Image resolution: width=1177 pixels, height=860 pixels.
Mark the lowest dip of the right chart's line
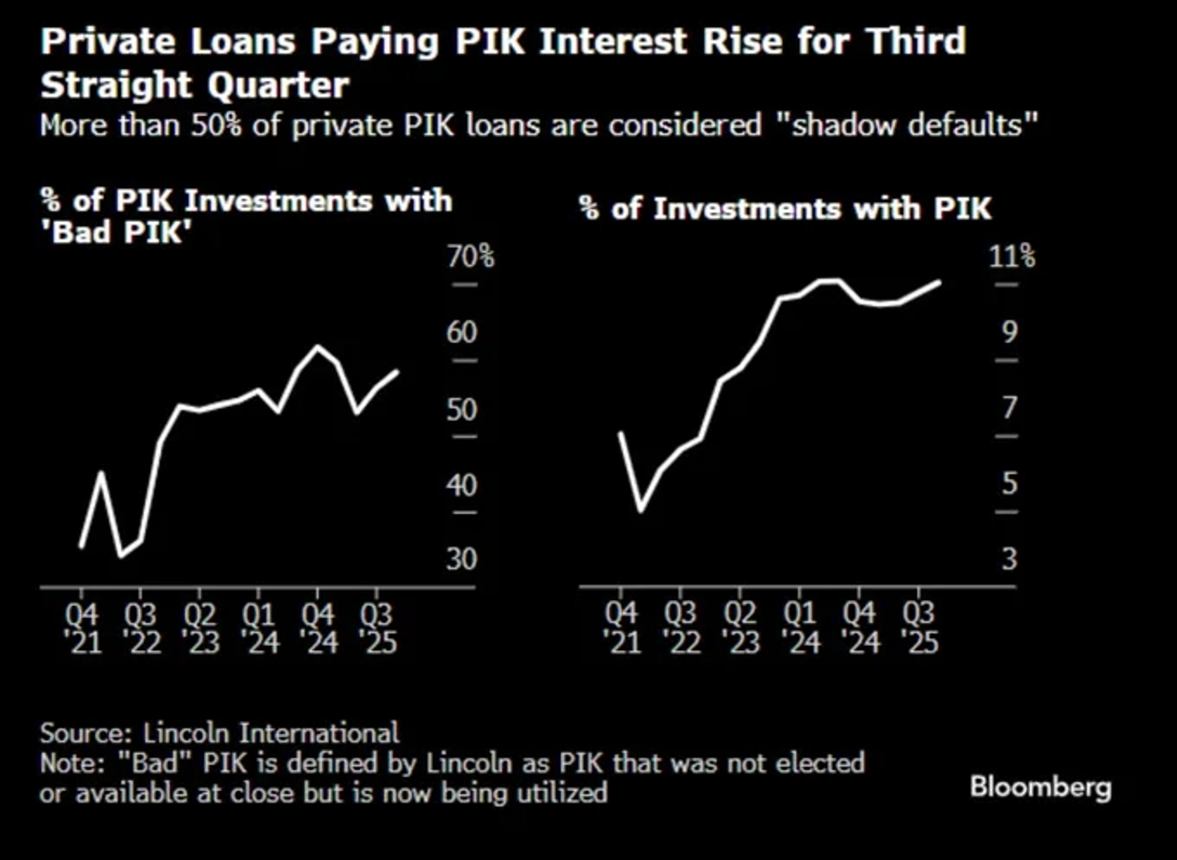pos(641,510)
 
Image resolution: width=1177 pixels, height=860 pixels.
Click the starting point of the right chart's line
pos(620,433)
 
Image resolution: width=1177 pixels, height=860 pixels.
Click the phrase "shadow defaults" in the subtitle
pos(914,125)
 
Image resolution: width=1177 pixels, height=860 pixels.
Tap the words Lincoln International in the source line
pos(271,733)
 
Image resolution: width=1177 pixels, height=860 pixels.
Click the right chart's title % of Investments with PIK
pos(785,209)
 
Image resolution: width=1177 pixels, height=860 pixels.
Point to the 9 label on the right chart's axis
pos(1009,332)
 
